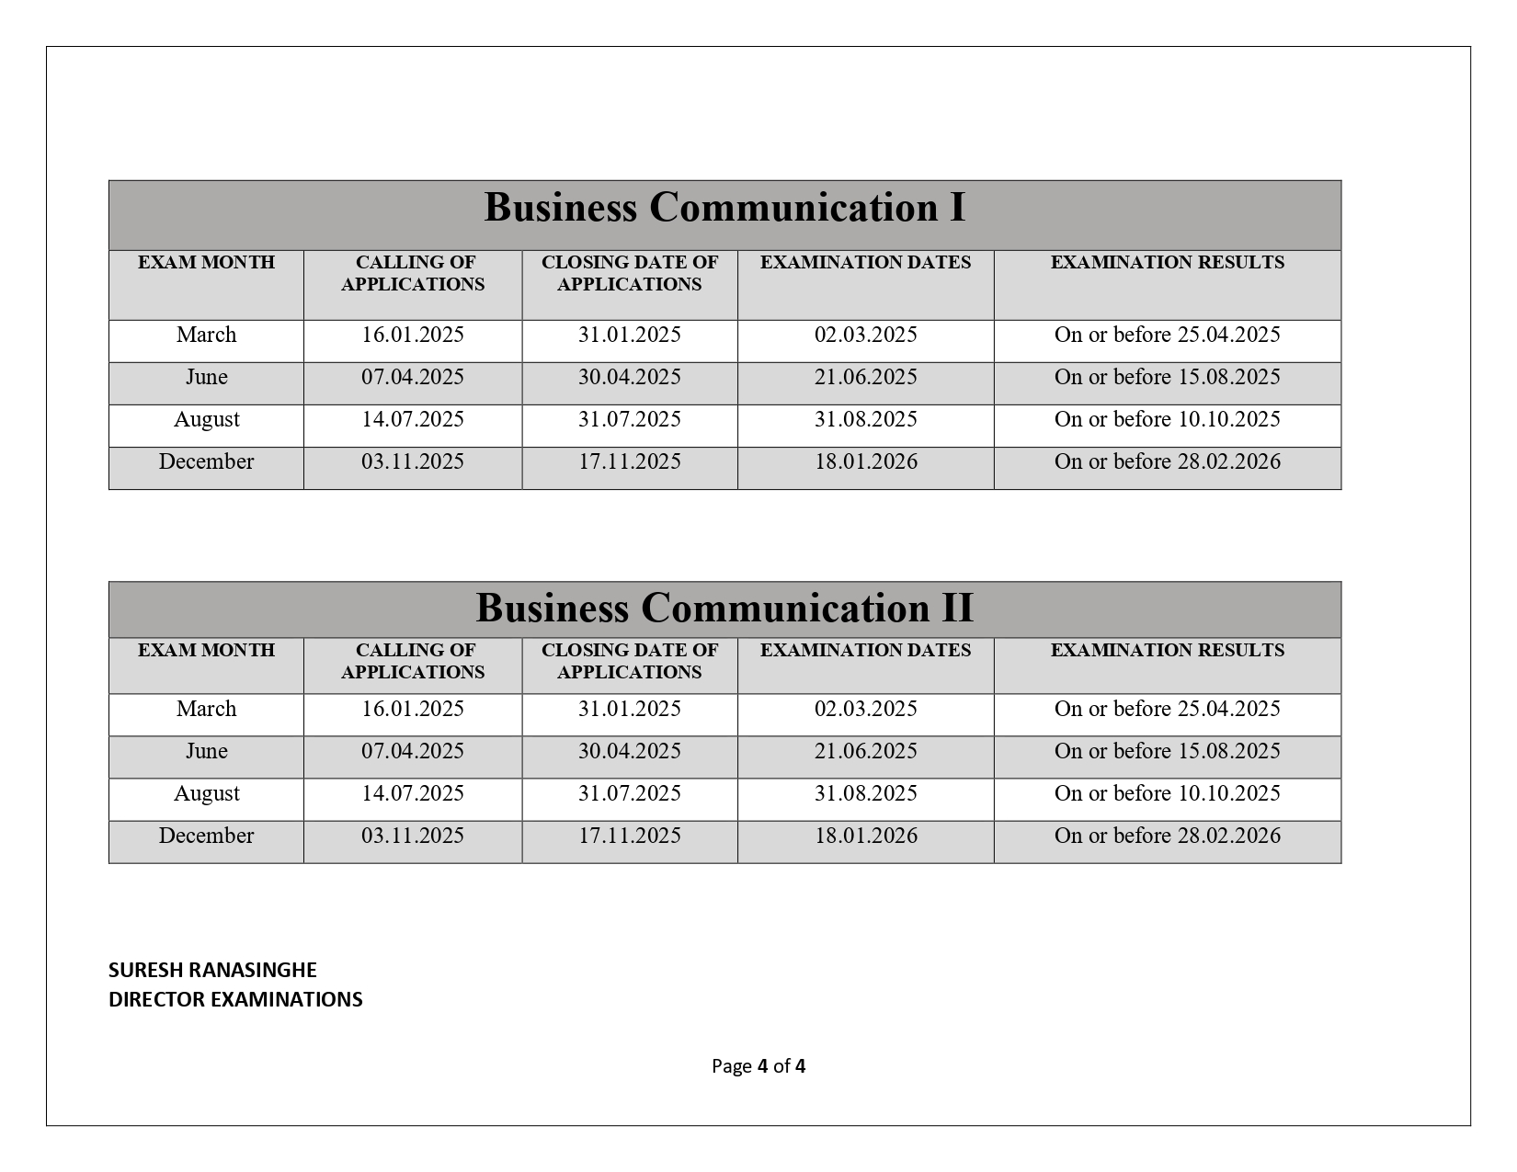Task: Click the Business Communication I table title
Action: (724, 208)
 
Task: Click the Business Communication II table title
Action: (724, 609)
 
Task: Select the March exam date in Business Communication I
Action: (865, 335)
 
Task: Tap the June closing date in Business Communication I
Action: (629, 377)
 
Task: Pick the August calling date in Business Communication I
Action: (412, 419)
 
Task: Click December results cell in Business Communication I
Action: (1167, 461)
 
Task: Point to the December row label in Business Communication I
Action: (206, 461)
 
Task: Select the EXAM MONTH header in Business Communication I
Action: (206, 263)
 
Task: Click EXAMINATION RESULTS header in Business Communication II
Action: (1167, 651)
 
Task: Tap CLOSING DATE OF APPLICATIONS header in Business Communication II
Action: (629, 661)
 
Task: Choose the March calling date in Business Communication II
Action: (412, 709)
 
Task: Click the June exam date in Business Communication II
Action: (865, 751)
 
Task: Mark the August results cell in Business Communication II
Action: (1167, 793)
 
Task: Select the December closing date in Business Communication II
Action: (629, 836)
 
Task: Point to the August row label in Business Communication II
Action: (206, 793)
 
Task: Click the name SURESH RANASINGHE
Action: (212, 970)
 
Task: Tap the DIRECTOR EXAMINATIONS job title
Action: (235, 999)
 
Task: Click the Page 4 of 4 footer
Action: (758, 1066)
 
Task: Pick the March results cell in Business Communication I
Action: (1167, 335)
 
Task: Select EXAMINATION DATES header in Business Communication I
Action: (865, 263)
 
